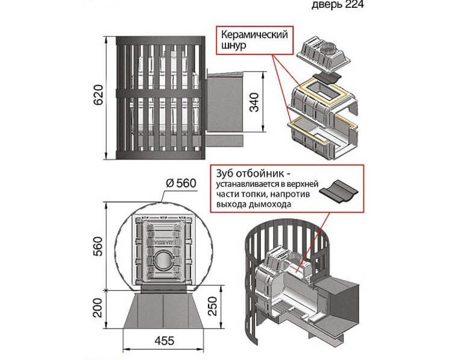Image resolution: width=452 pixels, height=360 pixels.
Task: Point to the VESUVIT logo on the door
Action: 161,236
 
